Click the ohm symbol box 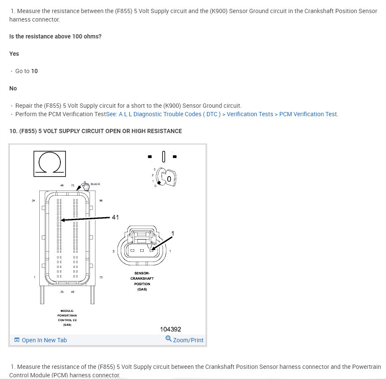point(49,164)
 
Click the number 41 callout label point(115,217)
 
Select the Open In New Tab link point(44,340)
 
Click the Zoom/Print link point(188,340)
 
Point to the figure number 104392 point(170,329)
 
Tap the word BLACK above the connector point(95,184)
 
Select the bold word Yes point(14,54)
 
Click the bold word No point(13,88)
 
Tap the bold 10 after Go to point(34,71)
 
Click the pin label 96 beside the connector point(101,200)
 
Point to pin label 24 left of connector point(33,200)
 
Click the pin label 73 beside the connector point(101,277)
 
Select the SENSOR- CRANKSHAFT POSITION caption point(142,281)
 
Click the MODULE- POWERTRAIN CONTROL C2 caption point(67,318)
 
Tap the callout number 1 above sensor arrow point(172,234)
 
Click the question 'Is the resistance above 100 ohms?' point(55,36)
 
